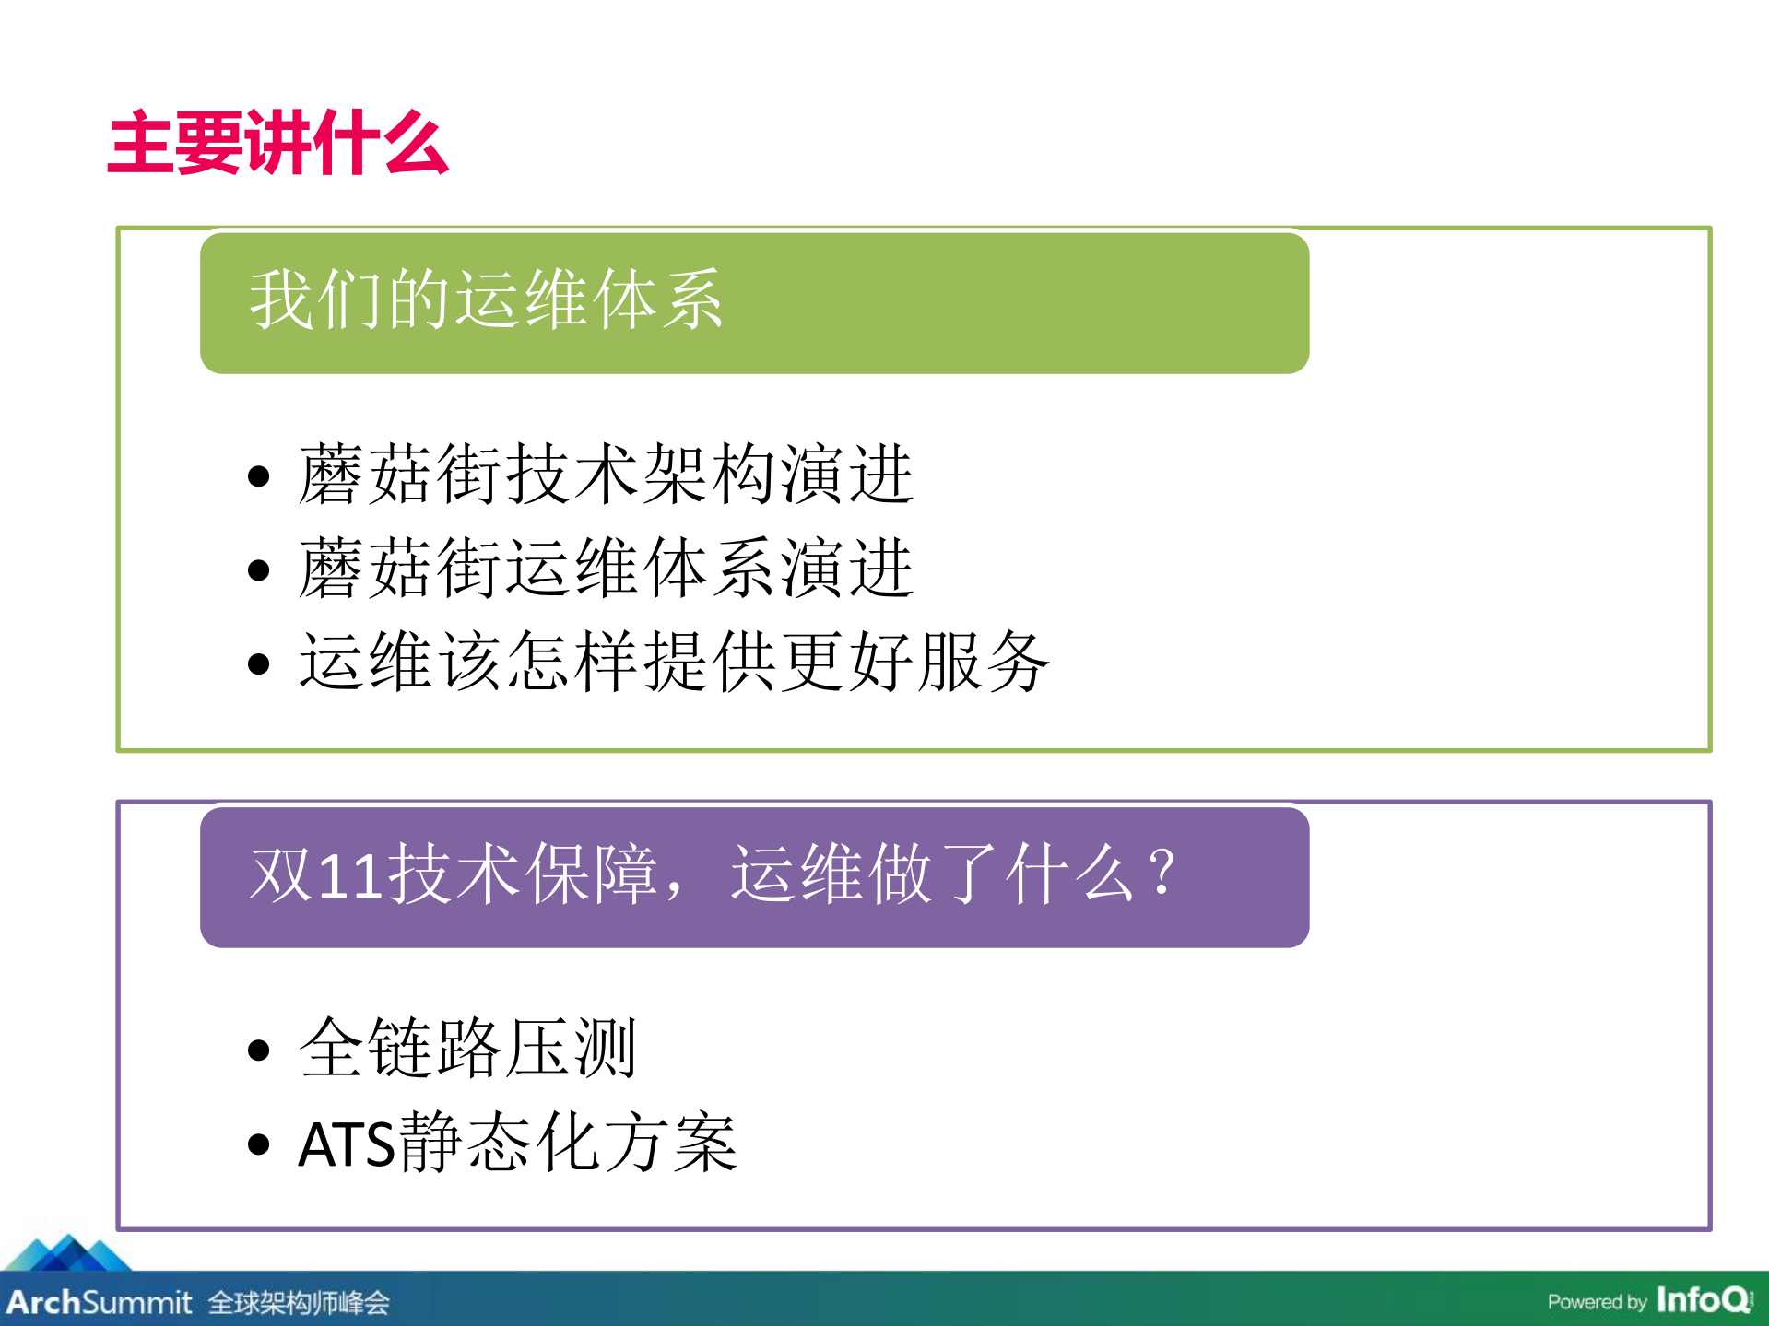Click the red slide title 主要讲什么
277,143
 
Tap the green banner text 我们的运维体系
486,300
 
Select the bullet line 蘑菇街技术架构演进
606,475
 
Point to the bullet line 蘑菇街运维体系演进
606,569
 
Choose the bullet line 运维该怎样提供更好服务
674,662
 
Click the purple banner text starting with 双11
713,874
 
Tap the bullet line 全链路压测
467,1049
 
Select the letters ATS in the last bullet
347,1144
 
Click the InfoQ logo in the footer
1704,1300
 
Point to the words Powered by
1597,1302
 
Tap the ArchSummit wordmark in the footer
100,1302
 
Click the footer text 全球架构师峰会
299,1303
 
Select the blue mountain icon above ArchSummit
68,1253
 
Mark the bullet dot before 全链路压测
259,1050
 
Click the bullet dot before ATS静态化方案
259,1144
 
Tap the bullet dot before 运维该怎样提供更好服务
259,663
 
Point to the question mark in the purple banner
1162,872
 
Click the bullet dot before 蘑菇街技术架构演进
259,476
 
